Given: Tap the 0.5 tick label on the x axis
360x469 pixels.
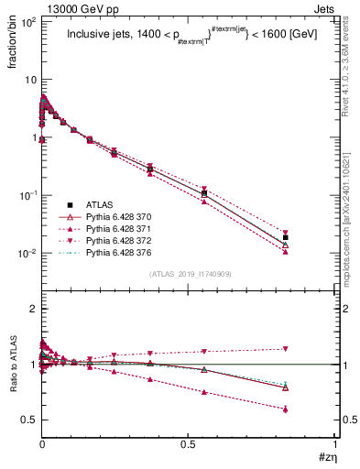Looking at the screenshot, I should tap(188, 444).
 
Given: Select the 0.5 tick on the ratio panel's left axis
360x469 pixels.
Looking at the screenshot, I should tap(29, 420).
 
